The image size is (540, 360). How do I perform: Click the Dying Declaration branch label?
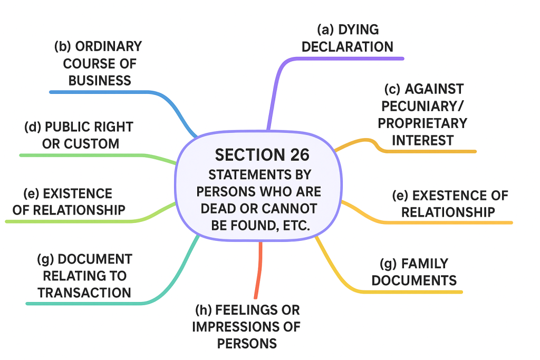(x=348, y=38)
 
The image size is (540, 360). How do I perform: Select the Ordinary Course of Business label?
(x=99, y=63)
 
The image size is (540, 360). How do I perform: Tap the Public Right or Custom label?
(x=79, y=135)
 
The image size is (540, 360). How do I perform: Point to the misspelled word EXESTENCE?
(x=445, y=196)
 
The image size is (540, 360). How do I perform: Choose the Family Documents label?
(x=414, y=271)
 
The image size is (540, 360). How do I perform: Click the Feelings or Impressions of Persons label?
(x=247, y=326)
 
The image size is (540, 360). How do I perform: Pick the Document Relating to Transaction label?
(x=84, y=276)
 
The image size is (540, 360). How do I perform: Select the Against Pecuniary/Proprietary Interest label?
(x=417, y=114)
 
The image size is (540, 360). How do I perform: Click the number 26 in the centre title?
(x=300, y=155)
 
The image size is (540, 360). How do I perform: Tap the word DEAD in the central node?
(x=218, y=208)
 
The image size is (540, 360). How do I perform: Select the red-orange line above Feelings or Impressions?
(x=258, y=271)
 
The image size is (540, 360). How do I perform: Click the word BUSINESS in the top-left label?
(x=100, y=81)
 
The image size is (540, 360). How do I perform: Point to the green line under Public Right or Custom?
(x=79, y=155)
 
